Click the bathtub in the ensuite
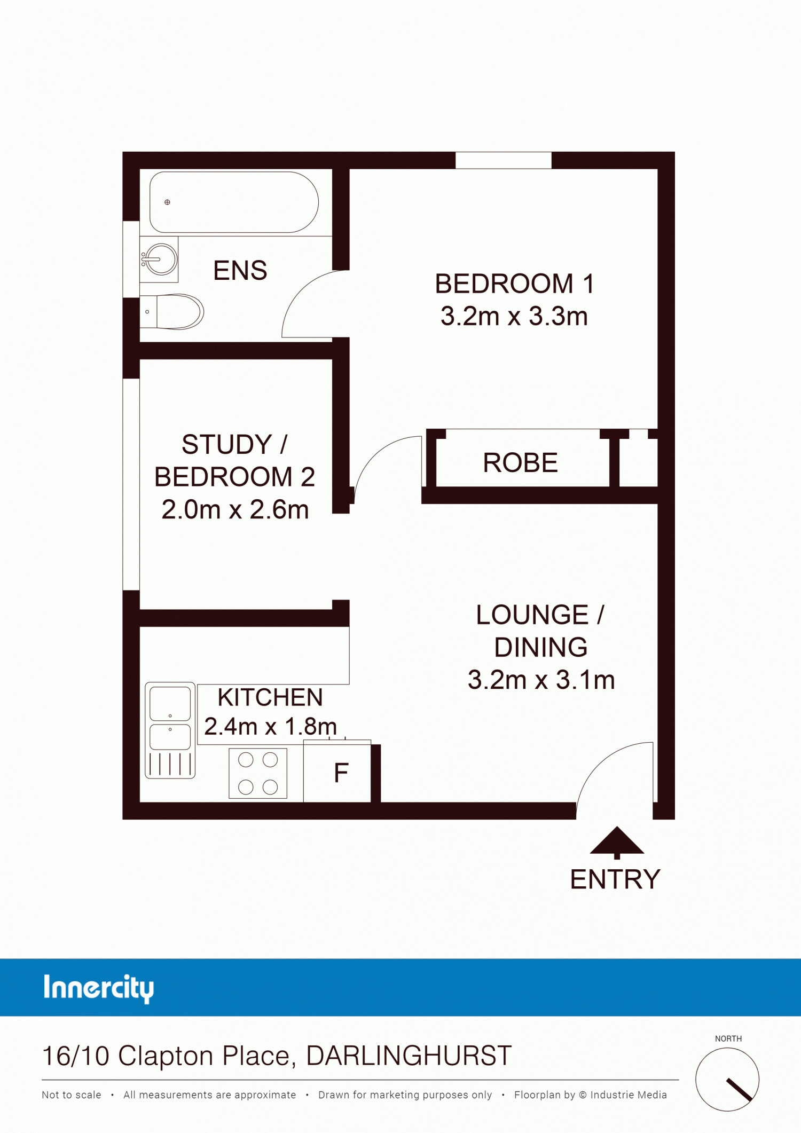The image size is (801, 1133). [x=234, y=202]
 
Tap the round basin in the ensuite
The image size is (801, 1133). [x=161, y=259]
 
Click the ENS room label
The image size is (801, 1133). [x=240, y=270]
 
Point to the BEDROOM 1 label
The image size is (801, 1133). [x=514, y=284]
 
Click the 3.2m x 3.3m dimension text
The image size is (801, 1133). [x=514, y=316]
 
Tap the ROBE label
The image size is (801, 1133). [x=521, y=462]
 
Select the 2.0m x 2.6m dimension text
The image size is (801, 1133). [x=235, y=509]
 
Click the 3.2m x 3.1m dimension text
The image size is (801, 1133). [x=541, y=680]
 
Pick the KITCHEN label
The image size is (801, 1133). [x=270, y=697]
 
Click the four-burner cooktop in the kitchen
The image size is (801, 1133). [x=258, y=773]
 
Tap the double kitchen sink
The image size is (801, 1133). [x=170, y=730]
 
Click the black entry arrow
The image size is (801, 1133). [x=617, y=843]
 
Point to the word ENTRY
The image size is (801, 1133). [x=615, y=879]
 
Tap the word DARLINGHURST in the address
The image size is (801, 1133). [x=409, y=1056]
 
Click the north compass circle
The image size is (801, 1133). [x=727, y=1079]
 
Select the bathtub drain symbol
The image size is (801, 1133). [x=167, y=202]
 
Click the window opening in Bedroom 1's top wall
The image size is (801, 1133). [x=503, y=160]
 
